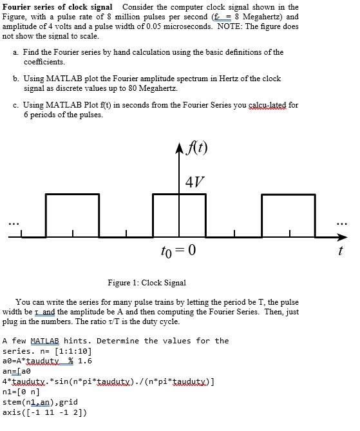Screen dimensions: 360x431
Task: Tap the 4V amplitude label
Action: [196, 180]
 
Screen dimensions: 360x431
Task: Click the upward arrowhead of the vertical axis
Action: [180, 152]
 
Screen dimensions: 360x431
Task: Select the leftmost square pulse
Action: [68, 214]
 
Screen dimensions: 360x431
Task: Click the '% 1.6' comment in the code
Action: [80, 361]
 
